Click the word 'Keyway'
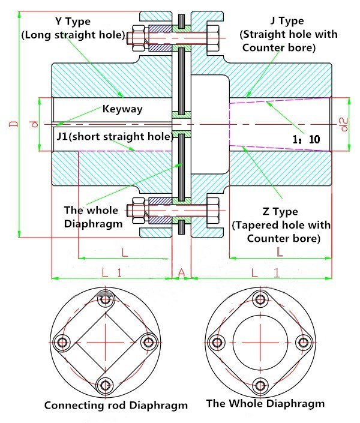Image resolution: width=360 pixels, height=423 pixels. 122,109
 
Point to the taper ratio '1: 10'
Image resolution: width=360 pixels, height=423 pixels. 307,139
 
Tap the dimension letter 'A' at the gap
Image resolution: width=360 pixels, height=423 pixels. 181,273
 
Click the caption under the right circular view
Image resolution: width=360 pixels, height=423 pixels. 265,403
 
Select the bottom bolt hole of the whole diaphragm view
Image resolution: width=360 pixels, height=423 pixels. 259,385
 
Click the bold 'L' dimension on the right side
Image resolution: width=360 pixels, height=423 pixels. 280,252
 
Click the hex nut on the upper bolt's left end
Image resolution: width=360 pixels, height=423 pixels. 134,35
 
